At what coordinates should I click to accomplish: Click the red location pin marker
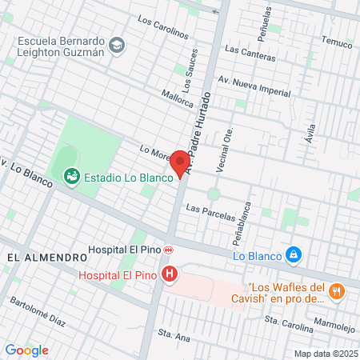[x=181, y=162]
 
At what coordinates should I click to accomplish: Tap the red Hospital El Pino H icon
[x=170, y=275]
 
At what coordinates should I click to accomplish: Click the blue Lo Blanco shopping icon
[x=294, y=254]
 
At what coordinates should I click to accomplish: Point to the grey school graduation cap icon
[x=117, y=45]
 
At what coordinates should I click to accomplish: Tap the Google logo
[x=26, y=350]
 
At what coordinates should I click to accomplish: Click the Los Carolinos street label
[x=162, y=28]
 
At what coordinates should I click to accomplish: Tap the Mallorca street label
[x=177, y=98]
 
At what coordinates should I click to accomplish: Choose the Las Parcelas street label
[x=210, y=212]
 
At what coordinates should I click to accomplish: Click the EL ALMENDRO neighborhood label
[x=47, y=258]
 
